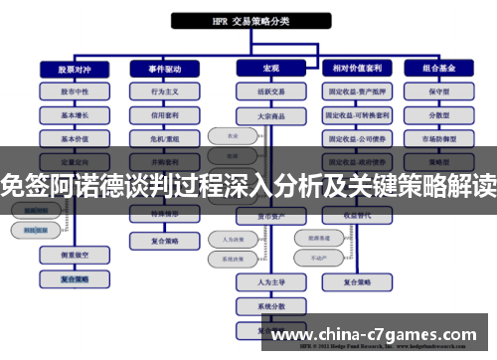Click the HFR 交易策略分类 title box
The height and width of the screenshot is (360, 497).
[x=248, y=20]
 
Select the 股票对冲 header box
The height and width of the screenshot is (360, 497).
[x=68, y=69]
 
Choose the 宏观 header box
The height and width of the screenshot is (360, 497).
[x=260, y=69]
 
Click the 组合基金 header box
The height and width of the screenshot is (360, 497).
[x=440, y=69]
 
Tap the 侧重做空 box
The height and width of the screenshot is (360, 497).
[x=68, y=256]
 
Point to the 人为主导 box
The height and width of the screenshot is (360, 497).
[x=260, y=281]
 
